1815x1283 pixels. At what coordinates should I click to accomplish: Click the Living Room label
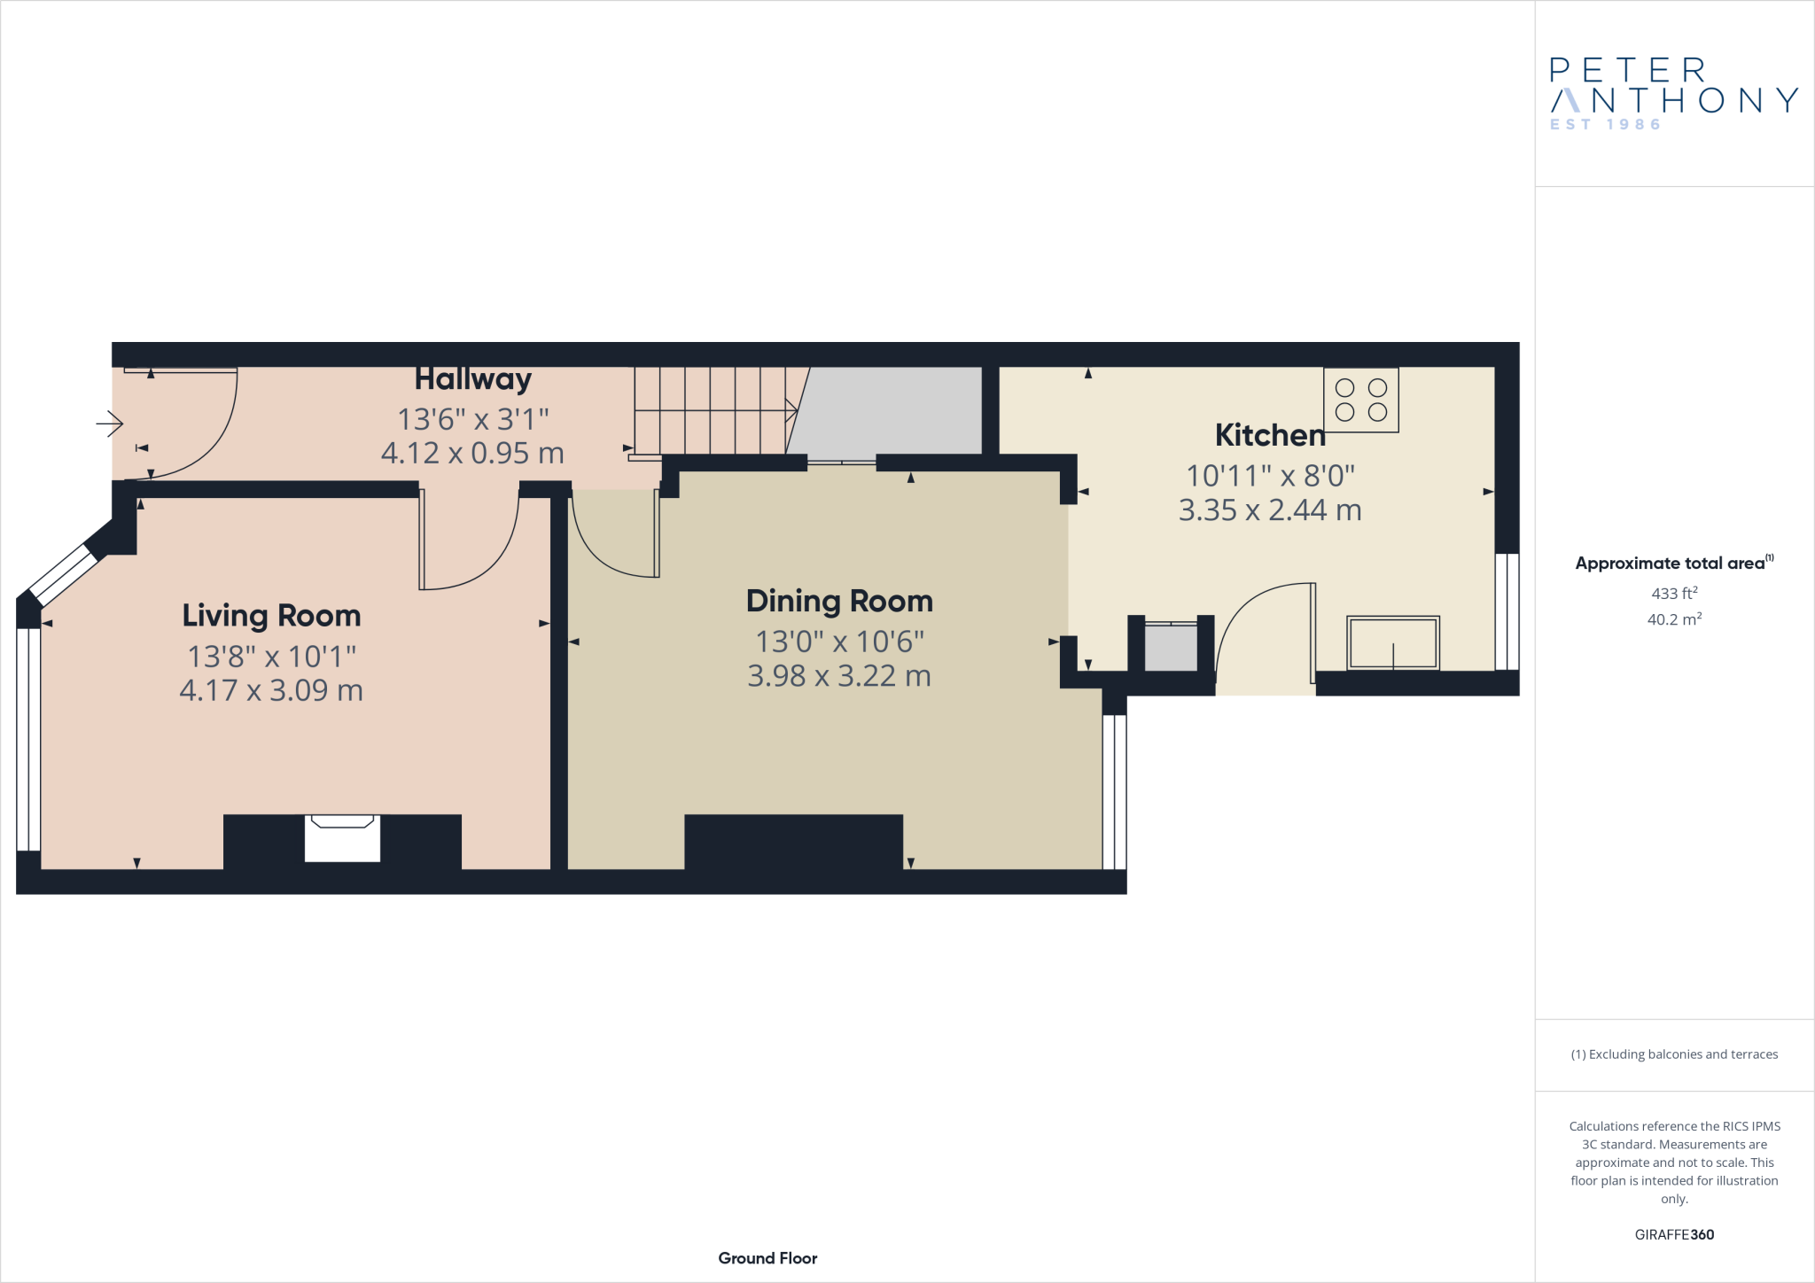pos(271,616)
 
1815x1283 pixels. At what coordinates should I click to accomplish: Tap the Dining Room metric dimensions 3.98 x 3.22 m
pos(838,676)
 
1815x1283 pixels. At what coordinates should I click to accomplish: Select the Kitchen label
pos(1269,435)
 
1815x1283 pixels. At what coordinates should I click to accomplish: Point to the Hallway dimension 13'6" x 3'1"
pos(472,418)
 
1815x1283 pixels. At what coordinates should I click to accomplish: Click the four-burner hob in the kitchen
pos(1360,400)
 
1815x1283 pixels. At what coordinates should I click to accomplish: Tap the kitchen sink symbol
pos(1392,643)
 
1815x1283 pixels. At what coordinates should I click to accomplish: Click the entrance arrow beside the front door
pos(110,424)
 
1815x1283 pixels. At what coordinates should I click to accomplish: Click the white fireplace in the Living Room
pos(342,837)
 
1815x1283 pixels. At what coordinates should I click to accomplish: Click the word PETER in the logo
pos(1627,70)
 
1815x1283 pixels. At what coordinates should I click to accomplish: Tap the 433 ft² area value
pos(1673,594)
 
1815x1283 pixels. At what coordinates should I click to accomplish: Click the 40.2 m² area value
pos(1673,619)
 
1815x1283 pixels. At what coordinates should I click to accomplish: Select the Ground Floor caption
pos(767,1258)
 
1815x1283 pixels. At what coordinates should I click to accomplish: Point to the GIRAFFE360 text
pos(1673,1234)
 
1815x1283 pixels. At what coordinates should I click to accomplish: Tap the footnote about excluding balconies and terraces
pos(1673,1054)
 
